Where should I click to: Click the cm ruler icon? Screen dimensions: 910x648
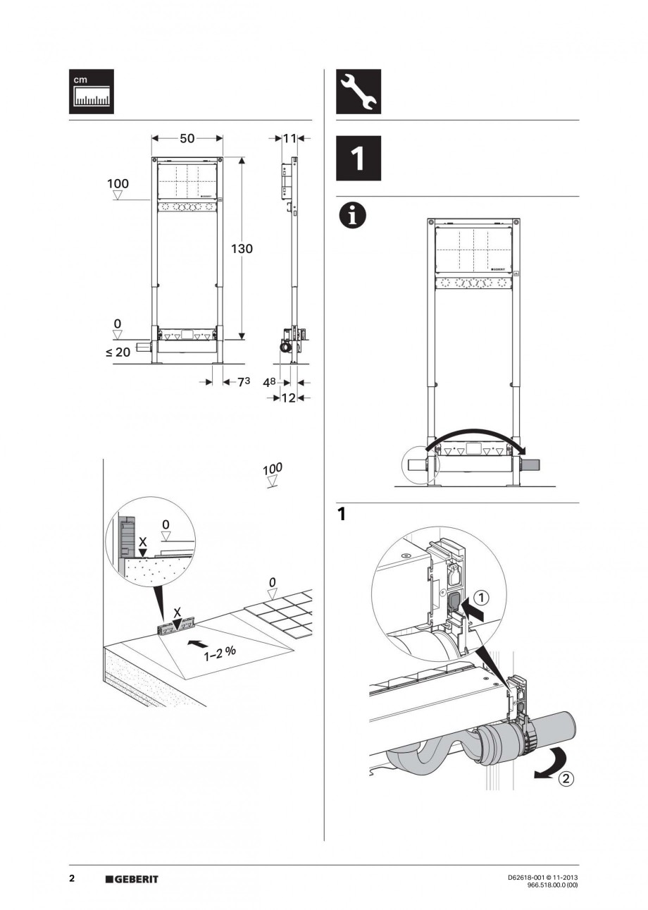click(92, 92)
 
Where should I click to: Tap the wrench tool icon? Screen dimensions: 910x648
click(358, 92)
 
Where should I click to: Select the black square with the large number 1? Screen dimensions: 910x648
click(358, 159)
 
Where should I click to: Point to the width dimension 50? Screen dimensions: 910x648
click(187, 139)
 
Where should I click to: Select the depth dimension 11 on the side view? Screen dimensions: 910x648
click(289, 139)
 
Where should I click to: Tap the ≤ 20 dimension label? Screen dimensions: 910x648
click(118, 352)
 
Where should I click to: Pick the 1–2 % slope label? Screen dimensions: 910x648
click(220, 653)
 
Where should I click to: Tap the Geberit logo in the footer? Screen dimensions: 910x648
click(132, 879)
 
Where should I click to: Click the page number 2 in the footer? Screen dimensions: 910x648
click(72, 879)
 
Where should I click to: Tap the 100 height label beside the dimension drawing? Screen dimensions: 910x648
click(118, 184)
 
